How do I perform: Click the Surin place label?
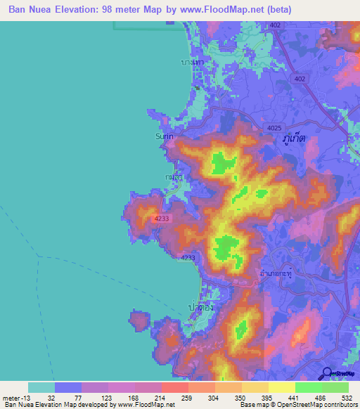coord(163,138)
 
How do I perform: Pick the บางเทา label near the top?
coord(192,63)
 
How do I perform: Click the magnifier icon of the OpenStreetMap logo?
coord(327,372)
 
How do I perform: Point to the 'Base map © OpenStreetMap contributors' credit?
coord(297,405)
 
